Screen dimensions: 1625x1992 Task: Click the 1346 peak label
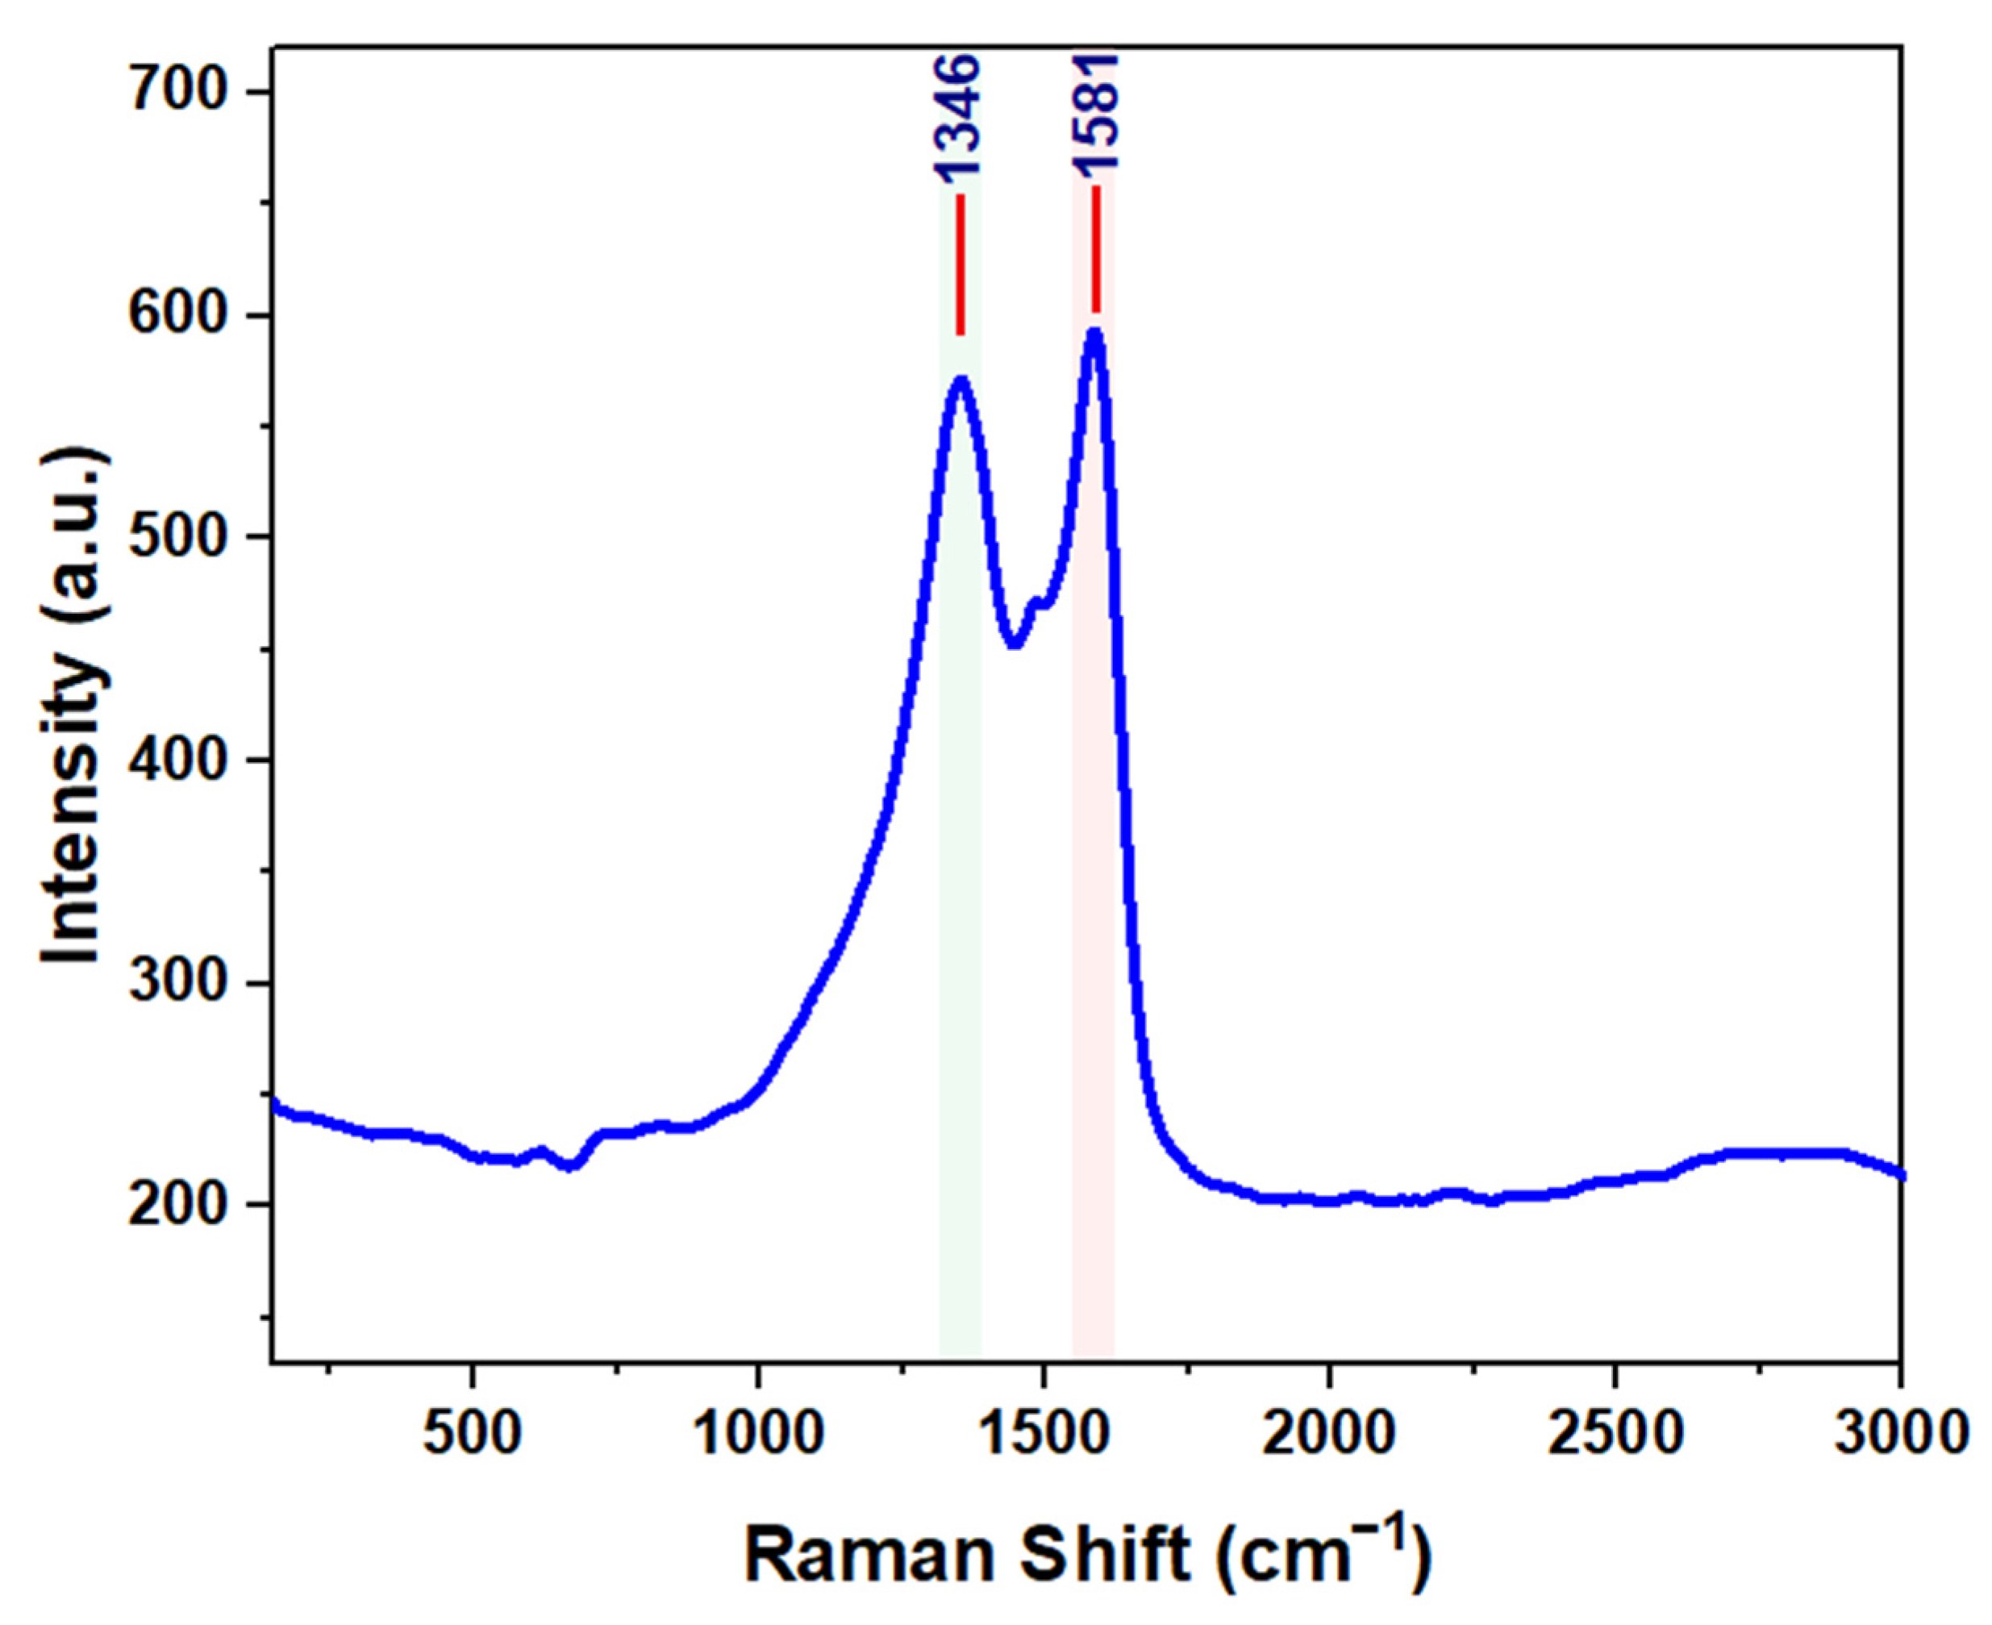point(956,118)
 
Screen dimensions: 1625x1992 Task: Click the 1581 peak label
point(1095,112)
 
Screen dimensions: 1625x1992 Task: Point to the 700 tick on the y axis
point(185,92)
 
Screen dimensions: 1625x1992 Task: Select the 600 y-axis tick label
point(185,315)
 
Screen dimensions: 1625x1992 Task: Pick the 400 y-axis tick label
point(185,759)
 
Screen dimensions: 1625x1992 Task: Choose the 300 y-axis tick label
point(185,982)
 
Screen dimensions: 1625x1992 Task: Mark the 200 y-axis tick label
point(185,1205)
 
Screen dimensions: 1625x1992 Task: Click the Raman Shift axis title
point(1086,1555)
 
